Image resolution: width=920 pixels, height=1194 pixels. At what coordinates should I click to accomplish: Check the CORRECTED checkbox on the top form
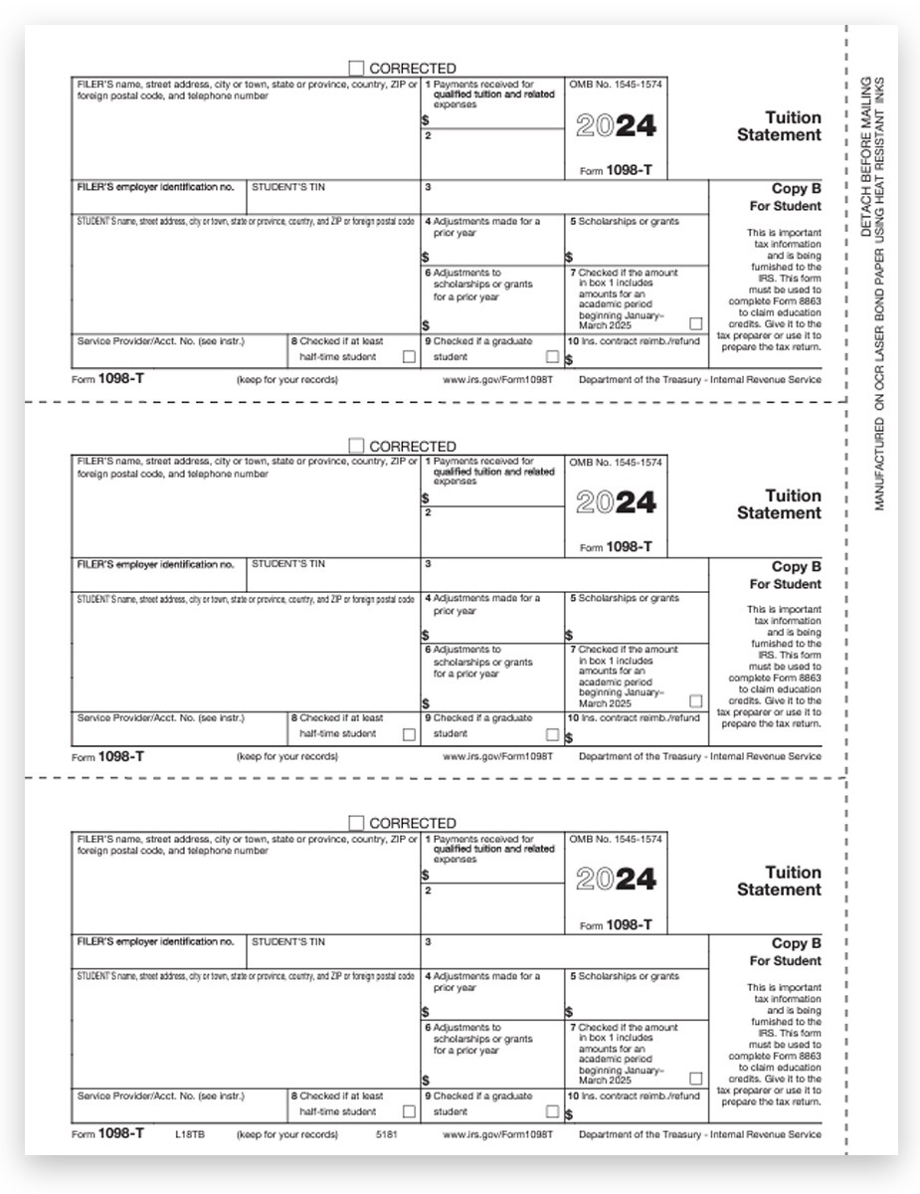pyautogui.click(x=356, y=69)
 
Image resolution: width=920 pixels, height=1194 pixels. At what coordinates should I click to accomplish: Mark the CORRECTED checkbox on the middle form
pyautogui.click(x=356, y=446)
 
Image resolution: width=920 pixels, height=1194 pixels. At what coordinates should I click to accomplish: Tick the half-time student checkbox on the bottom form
pyautogui.click(x=409, y=1111)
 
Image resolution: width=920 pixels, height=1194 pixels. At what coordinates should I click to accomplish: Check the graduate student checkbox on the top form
pyautogui.click(x=552, y=356)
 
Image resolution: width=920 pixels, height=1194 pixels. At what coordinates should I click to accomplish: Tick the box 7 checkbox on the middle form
pyautogui.click(x=695, y=700)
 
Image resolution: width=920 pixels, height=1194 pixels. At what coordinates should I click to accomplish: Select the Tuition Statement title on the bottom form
pyautogui.click(x=779, y=881)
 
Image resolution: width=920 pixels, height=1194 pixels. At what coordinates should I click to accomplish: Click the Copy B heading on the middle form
pyautogui.click(x=796, y=566)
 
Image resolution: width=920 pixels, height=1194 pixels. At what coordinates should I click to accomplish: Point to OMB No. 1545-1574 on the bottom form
pyautogui.click(x=616, y=840)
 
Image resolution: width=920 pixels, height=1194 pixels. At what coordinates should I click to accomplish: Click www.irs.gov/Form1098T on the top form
pyautogui.click(x=497, y=380)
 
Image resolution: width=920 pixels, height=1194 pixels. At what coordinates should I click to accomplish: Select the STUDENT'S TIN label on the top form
pyautogui.click(x=288, y=187)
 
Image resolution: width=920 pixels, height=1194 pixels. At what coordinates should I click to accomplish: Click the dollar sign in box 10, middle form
pyautogui.click(x=569, y=738)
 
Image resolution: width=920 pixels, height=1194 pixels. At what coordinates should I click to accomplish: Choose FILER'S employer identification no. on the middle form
pyautogui.click(x=155, y=564)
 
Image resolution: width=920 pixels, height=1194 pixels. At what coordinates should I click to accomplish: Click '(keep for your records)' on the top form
pyautogui.click(x=287, y=380)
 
